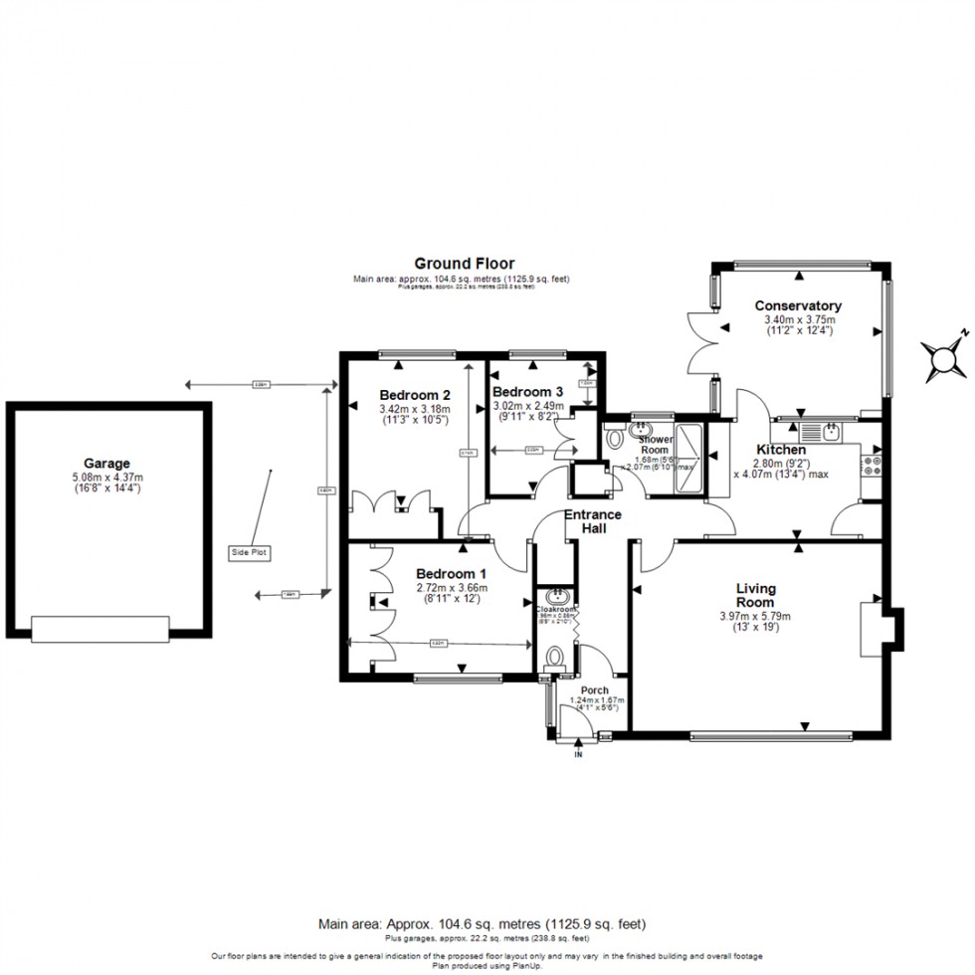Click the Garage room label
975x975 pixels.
tap(107, 464)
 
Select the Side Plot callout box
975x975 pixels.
tap(249, 552)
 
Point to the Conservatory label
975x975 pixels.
tap(798, 305)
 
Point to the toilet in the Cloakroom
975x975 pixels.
tap(556, 658)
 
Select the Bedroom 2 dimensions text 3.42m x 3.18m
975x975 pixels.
tap(415, 409)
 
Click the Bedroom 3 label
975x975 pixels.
tap(528, 392)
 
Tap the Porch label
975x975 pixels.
tap(595, 689)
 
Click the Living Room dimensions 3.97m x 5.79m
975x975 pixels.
tap(755, 616)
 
